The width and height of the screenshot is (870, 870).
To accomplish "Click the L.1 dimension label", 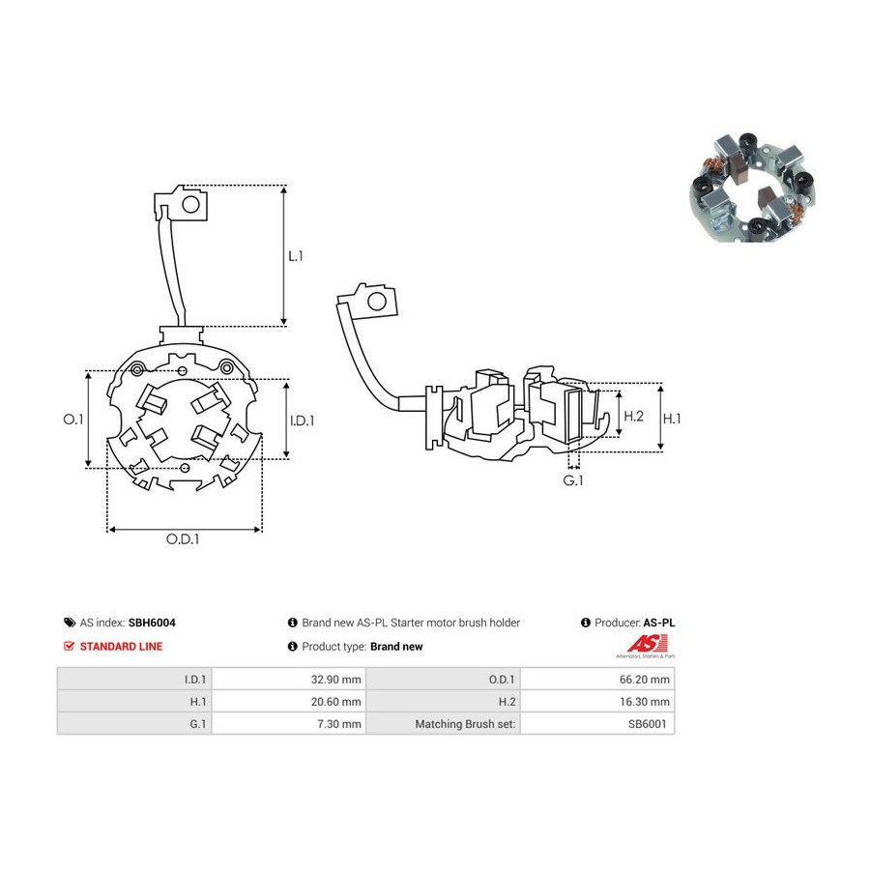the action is pyautogui.click(x=296, y=256).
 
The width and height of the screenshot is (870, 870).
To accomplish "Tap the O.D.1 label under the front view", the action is pyautogui.click(x=183, y=538).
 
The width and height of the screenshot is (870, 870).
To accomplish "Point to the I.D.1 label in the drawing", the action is pyautogui.click(x=302, y=420).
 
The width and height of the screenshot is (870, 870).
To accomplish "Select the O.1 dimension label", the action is pyautogui.click(x=73, y=419).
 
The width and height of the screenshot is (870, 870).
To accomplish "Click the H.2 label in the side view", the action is pyautogui.click(x=633, y=416).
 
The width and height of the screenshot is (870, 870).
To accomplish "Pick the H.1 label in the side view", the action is pyautogui.click(x=672, y=419).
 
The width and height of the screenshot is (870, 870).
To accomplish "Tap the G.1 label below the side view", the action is pyautogui.click(x=573, y=480).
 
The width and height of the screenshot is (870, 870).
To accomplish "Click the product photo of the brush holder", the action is pyautogui.click(x=752, y=187).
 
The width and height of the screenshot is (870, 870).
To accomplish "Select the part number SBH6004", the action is pyautogui.click(x=152, y=623).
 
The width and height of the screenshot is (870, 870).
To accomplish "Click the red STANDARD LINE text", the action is pyautogui.click(x=121, y=647).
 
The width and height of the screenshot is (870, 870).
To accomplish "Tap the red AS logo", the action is pyautogui.click(x=647, y=646).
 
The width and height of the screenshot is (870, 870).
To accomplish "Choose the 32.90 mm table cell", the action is pyautogui.click(x=289, y=680).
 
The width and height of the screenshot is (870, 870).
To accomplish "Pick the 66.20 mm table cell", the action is pyautogui.click(x=597, y=680).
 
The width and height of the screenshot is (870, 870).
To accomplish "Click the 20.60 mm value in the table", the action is pyautogui.click(x=335, y=702).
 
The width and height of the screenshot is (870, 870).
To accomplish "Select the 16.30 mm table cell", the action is pyautogui.click(x=597, y=702).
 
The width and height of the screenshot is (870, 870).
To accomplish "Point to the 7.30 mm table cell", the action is pyautogui.click(x=289, y=723).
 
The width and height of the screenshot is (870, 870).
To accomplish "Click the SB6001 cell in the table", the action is pyautogui.click(x=597, y=723).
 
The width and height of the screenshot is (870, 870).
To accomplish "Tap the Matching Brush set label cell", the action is pyautogui.click(x=444, y=723).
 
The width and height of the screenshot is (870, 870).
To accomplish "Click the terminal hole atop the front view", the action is pyautogui.click(x=190, y=205).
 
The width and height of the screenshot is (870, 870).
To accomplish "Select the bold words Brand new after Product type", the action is pyautogui.click(x=396, y=647).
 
